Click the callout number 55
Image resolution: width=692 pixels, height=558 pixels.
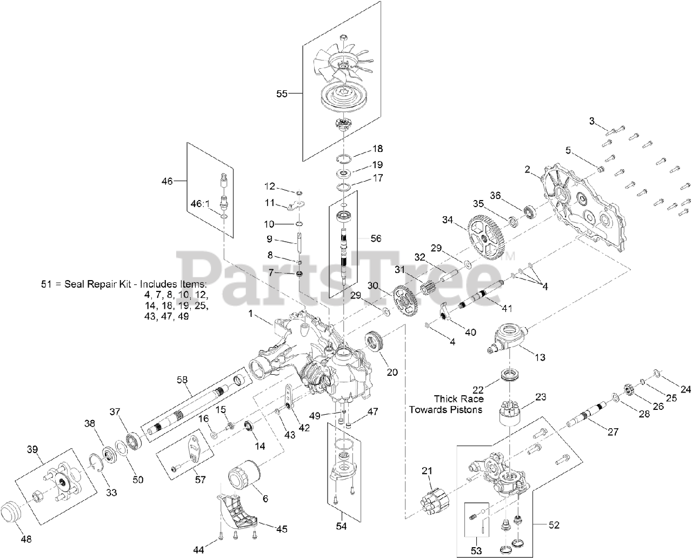click(x=282, y=94)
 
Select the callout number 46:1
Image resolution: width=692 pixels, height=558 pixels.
click(x=199, y=204)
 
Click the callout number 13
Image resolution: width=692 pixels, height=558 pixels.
click(x=540, y=357)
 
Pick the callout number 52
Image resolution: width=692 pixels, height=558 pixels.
click(x=554, y=524)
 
